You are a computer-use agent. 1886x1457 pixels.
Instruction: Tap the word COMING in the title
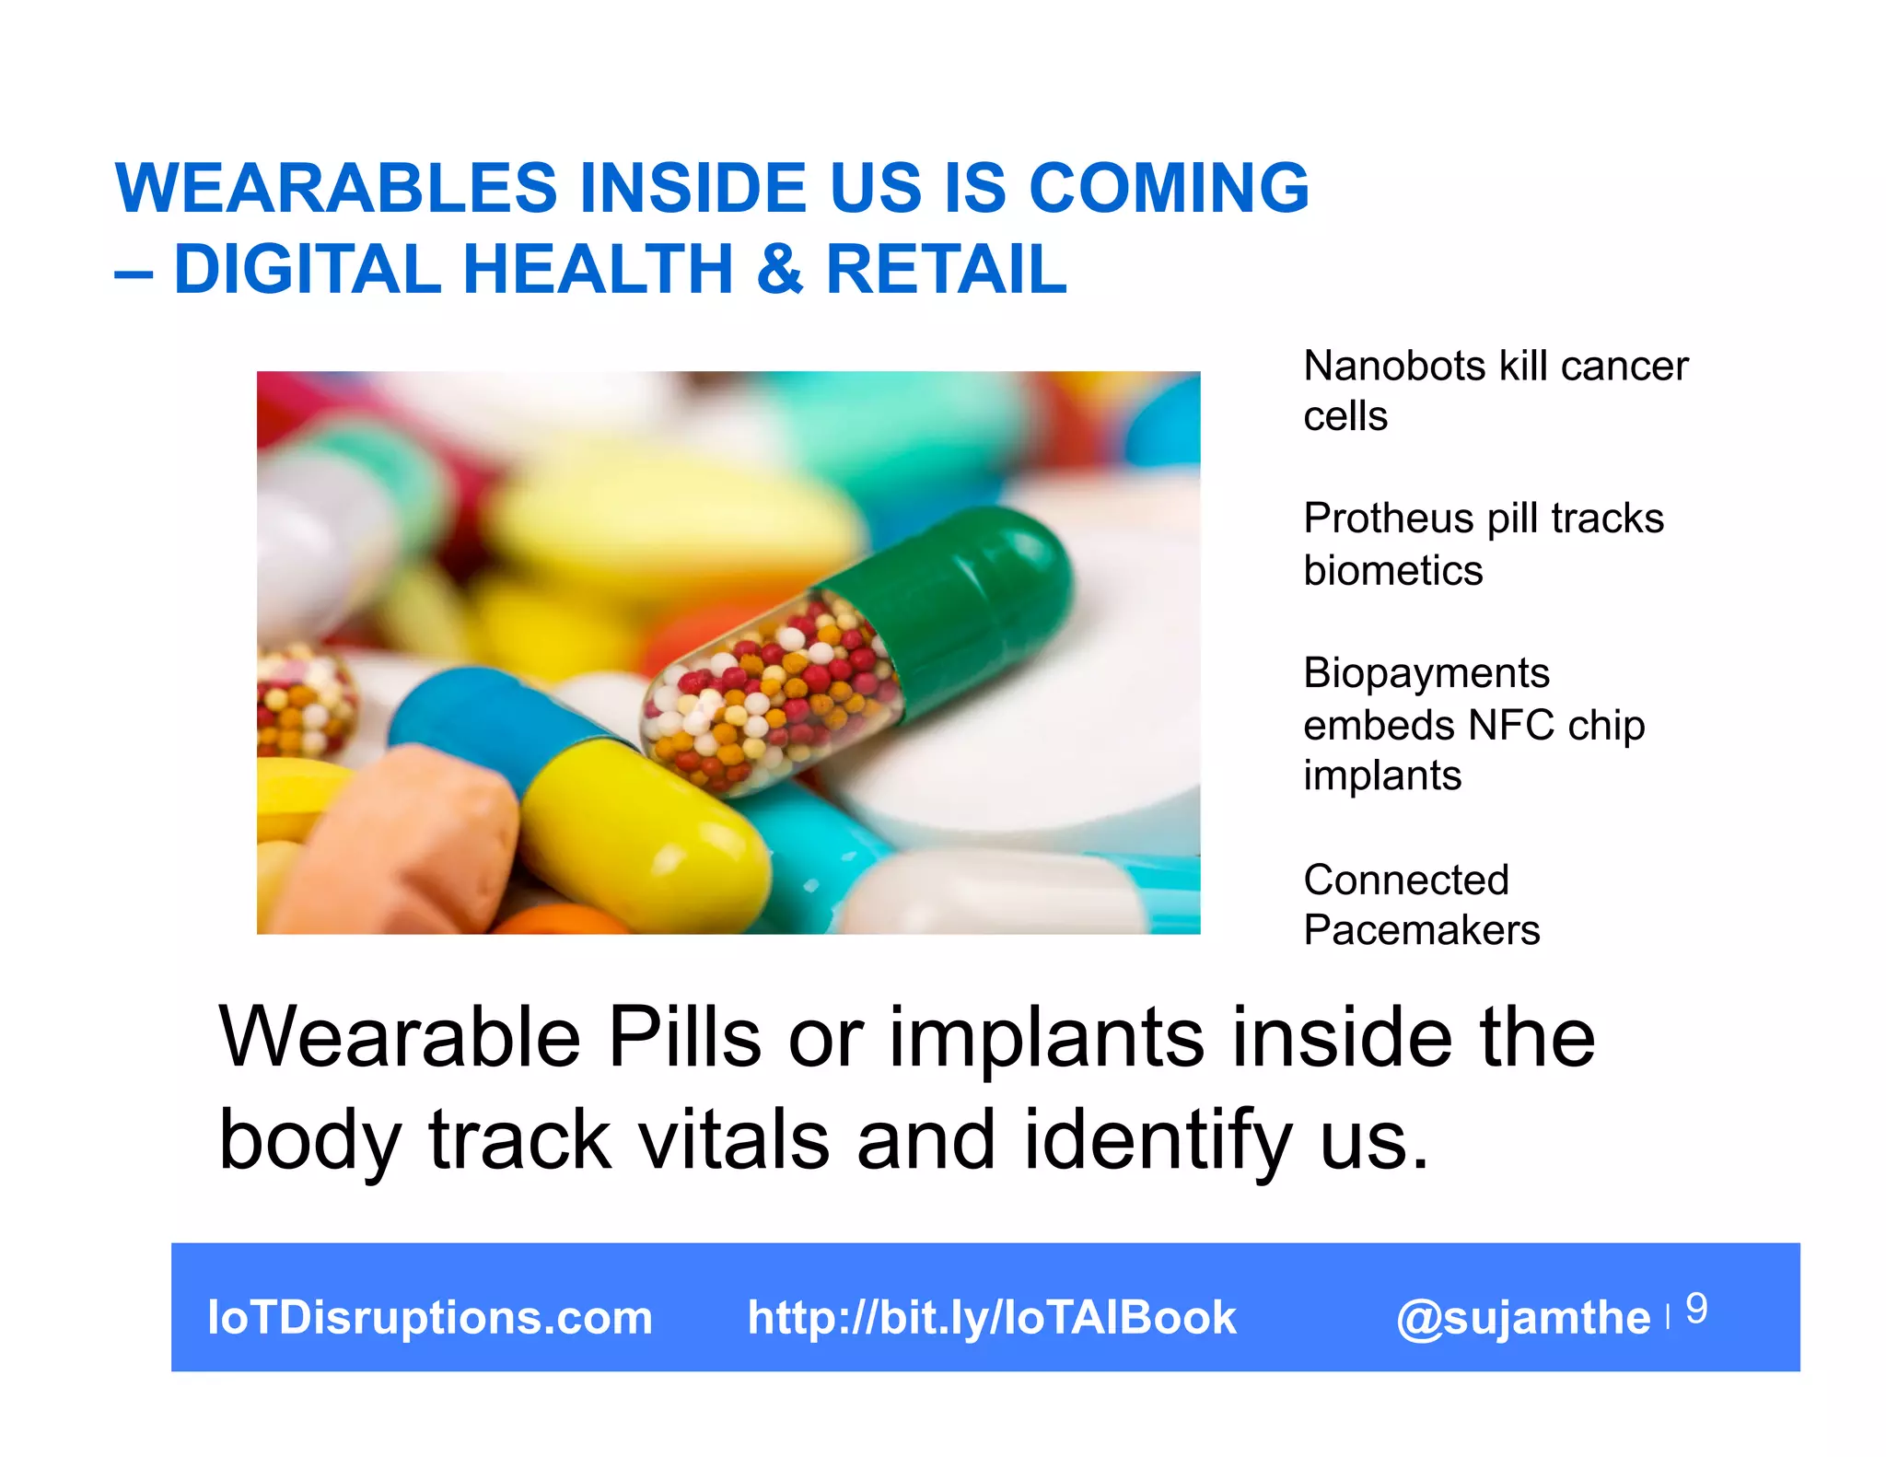pyautogui.click(x=1169, y=189)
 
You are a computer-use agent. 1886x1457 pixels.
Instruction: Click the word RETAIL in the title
pyautogui.click(x=947, y=269)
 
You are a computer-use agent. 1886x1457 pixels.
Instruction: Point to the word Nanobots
pyautogui.click(x=1394, y=367)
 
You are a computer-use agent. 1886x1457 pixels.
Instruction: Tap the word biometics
pyautogui.click(x=1392, y=571)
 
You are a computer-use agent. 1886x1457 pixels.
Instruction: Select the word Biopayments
pyautogui.click(x=1426, y=674)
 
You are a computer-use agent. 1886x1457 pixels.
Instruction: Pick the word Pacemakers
pyautogui.click(x=1421, y=930)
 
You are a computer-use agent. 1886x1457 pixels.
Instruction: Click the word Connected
pyautogui.click(x=1405, y=880)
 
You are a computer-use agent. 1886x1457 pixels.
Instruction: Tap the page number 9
pyautogui.click(x=1696, y=1309)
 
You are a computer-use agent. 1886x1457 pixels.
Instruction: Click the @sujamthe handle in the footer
pyautogui.click(x=1523, y=1318)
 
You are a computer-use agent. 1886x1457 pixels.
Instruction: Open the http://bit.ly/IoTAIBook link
pyautogui.click(x=991, y=1318)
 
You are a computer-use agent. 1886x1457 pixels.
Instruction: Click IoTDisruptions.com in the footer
pyautogui.click(x=430, y=1318)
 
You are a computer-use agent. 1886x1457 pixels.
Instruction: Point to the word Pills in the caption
pyautogui.click(x=684, y=1039)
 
